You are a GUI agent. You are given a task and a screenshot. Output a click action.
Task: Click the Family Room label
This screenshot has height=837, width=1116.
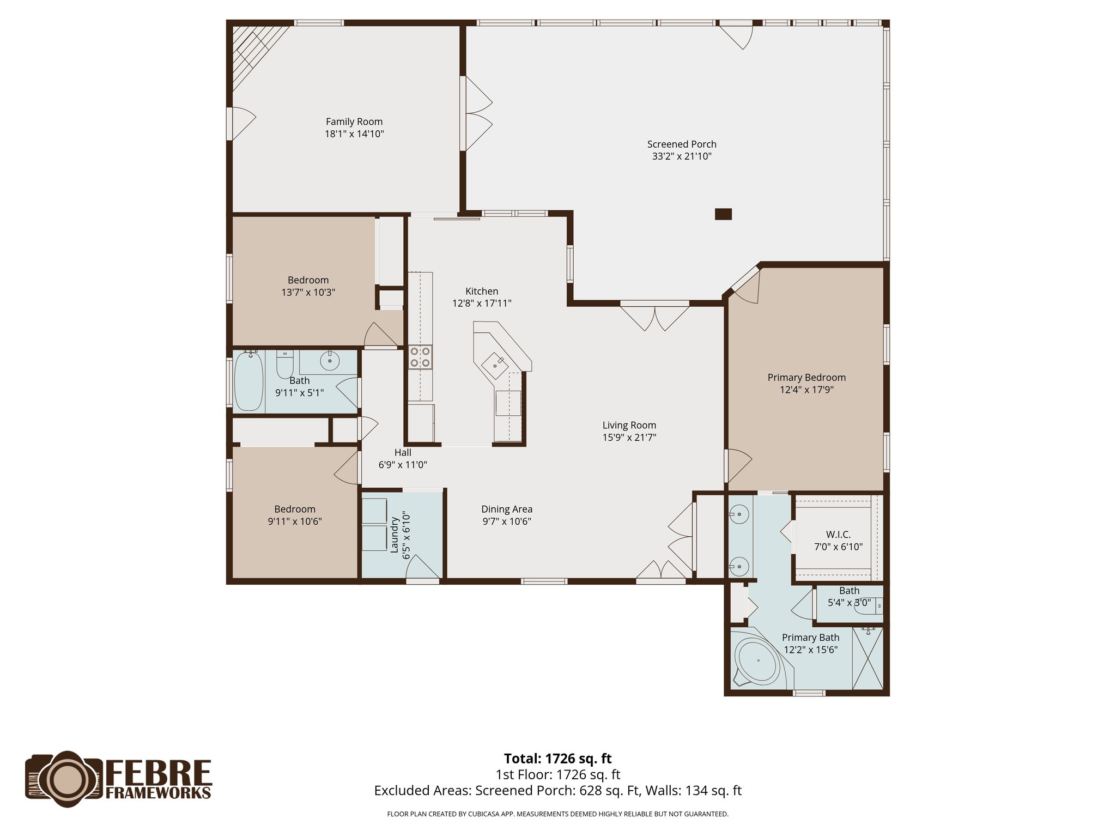(354, 122)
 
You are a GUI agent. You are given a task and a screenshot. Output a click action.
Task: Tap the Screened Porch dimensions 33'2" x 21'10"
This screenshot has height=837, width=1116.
(682, 156)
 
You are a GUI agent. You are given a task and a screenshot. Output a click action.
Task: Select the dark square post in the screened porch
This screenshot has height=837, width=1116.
(723, 214)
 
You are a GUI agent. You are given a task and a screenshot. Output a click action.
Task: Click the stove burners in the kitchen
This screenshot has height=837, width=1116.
(420, 357)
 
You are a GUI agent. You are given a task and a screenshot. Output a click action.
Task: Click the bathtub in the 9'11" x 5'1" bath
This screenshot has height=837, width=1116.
(248, 381)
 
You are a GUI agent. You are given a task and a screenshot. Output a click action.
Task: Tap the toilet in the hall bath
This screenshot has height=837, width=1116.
(285, 364)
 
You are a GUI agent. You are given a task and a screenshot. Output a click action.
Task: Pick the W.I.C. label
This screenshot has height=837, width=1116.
(838, 535)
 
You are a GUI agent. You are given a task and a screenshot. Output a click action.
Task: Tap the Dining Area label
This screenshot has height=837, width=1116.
(507, 509)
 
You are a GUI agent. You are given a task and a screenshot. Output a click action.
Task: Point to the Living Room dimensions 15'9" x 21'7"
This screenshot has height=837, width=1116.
(629, 437)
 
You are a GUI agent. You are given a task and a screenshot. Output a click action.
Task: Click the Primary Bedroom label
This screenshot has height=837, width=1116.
(806, 377)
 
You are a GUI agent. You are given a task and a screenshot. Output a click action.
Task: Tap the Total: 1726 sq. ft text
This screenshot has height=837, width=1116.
(557, 759)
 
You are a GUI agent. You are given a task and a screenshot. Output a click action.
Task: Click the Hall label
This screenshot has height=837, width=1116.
(403, 452)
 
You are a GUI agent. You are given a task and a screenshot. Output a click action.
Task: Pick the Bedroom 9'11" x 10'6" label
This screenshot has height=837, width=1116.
(295, 509)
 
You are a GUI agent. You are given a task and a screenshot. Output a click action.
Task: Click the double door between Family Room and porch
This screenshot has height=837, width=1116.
(475, 114)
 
